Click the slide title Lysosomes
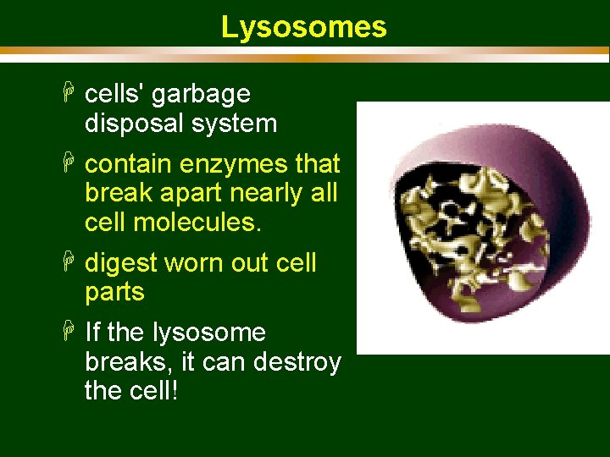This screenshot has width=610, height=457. [304, 27]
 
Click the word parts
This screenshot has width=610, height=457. [114, 293]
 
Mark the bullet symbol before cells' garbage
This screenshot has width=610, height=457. [70, 93]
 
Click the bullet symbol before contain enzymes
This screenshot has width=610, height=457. [70, 162]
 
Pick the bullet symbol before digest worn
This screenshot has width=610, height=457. [70, 262]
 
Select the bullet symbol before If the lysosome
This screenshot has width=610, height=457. [70, 332]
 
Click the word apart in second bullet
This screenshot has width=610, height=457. [179, 193]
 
